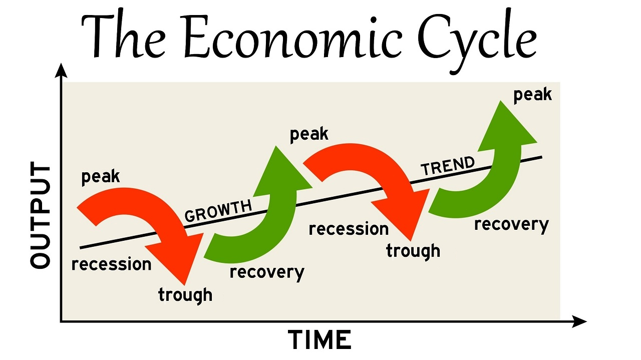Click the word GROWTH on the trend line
[x=218, y=211]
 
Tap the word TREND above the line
[x=448, y=166]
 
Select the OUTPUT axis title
[x=41, y=215]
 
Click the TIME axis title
[x=319, y=339]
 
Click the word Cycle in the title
[x=476, y=40]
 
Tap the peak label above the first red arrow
[x=101, y=177]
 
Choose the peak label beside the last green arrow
[x=532, y=95]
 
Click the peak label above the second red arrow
[x=309, y=135]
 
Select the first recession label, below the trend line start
[x=111, y=264]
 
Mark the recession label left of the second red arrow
[x=349, y=229]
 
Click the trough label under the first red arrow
[x=185, y=295]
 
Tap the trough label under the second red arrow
[x=413, y=251]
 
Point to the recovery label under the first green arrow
[x=267, y=272]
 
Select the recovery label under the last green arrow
[x=511, y=225]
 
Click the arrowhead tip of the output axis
[x=61, y=64]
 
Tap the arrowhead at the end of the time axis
[x=586, y=321]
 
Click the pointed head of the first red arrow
[x=185, y=285]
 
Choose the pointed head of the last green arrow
[x=500, y=101]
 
